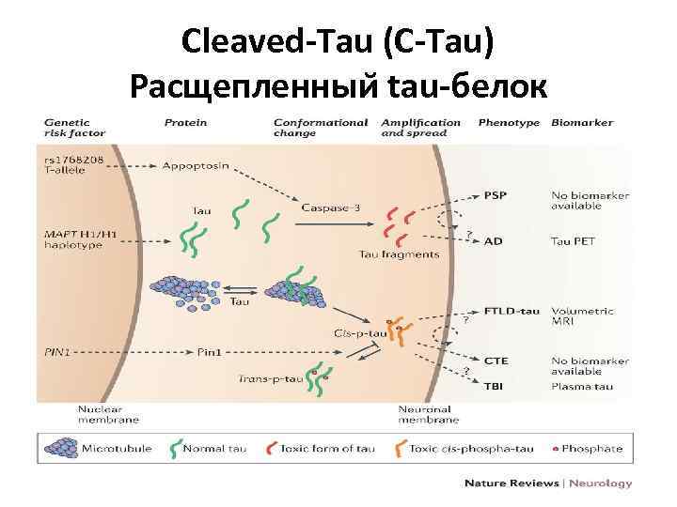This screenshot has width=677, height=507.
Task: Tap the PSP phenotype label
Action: (495, 196)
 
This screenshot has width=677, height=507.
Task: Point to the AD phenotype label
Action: (493, 241)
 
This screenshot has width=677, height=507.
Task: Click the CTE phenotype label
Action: (496, 359)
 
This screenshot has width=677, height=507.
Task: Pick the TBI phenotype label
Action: (494, 385)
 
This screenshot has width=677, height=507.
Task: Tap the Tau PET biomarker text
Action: (573, 241)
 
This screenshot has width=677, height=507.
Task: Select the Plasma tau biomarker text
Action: (579, 385)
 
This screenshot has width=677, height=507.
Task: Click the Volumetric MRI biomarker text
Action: (581, 316)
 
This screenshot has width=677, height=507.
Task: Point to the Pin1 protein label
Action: (209, 352)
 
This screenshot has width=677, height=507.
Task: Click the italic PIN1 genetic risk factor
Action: (58, 352)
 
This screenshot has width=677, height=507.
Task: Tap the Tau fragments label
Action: (399, 254)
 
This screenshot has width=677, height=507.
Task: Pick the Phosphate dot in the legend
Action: (555, 449)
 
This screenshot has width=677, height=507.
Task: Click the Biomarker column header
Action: (582, 123)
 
